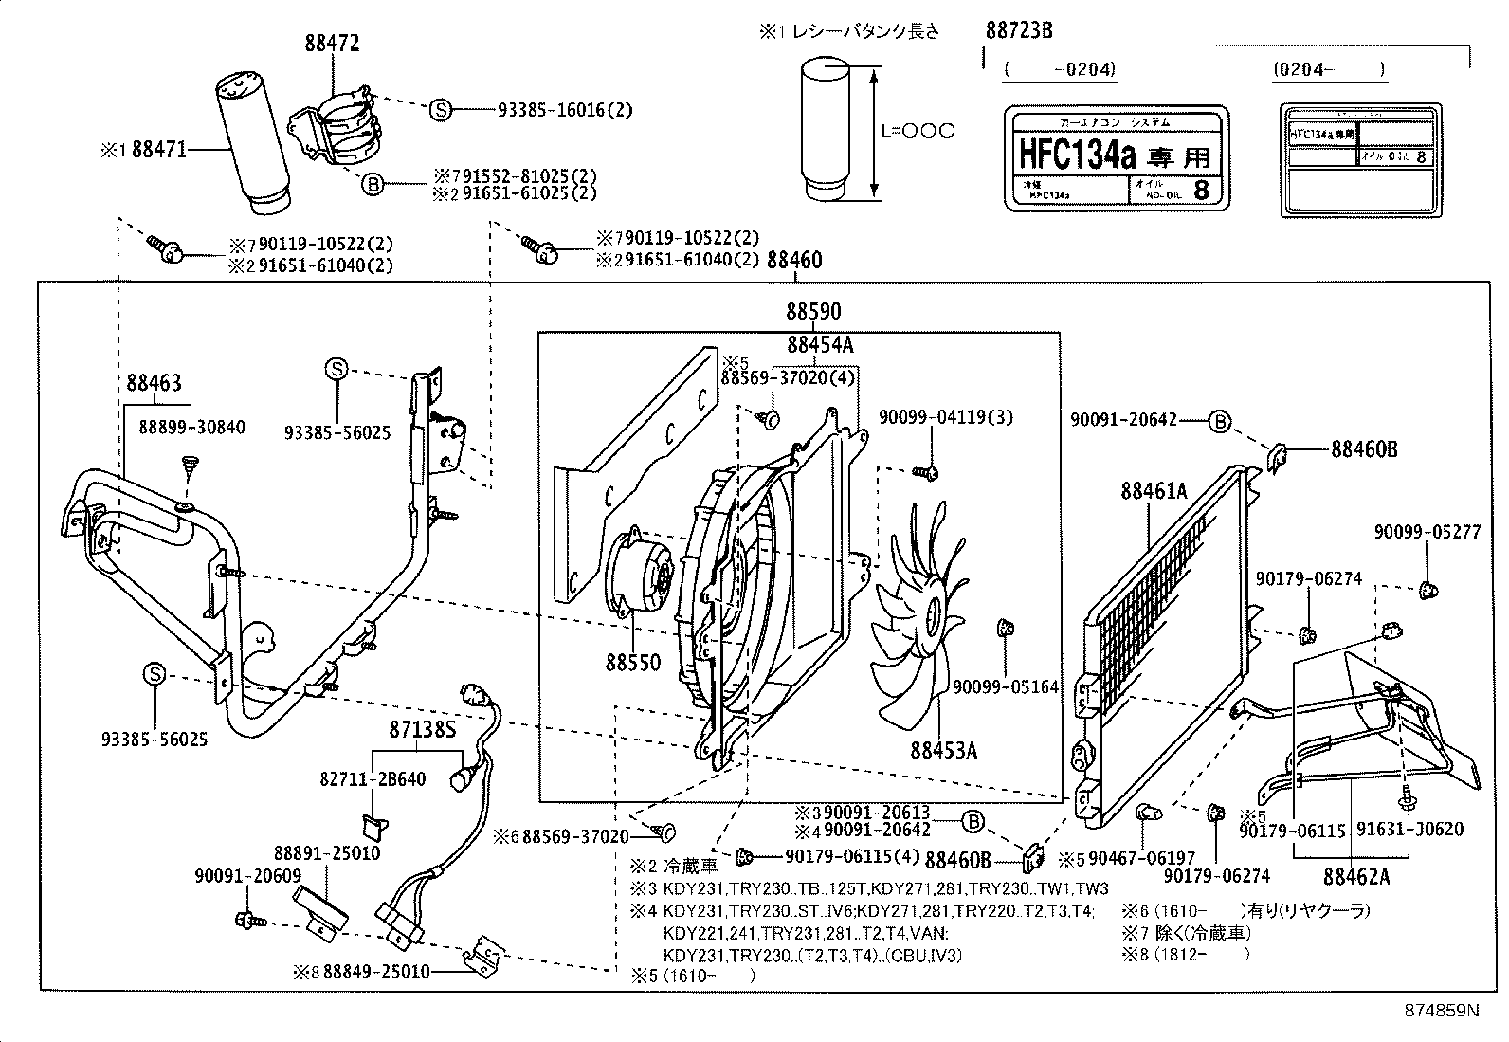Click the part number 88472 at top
[x=332, y=44]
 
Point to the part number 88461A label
[x=1153, y=491]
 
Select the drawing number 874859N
[x=1441, y=1011]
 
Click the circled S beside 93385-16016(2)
[x=440, y=110]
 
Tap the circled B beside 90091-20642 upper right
[x=1219, y=421]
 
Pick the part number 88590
[x=812, y=312]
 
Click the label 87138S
[x=423, y=729]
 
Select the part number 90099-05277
[x=1427, y=533]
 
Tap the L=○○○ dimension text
[x=917, y=132]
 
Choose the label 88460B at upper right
[x=1364, y=449]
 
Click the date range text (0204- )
[x=1327, y=68]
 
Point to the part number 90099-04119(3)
[x=933, y=416]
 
